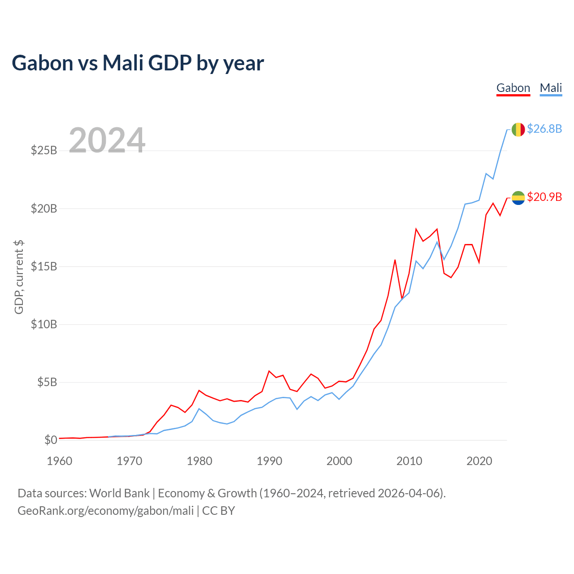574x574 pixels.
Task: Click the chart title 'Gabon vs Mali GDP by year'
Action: coord(138,63)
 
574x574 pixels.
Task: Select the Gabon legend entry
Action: coord(513,88)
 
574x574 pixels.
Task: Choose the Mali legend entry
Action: coord(551,88)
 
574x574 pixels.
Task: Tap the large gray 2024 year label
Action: coord(107,140)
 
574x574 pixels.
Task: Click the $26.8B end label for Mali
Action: coord(544,129)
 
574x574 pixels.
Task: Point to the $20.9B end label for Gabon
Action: coord(544,197)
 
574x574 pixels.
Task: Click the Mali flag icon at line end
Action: coord(518,130)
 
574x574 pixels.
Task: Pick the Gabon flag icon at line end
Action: coord(518,198)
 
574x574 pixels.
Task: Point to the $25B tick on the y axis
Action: coord(44,150)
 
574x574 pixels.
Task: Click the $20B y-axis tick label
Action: coord(44,209)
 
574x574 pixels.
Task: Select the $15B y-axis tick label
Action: coord(44,266)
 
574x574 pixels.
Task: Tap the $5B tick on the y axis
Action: coord(47,382)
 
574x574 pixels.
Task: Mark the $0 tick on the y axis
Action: coord(51,440)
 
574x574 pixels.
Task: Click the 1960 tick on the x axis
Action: coord(60,461)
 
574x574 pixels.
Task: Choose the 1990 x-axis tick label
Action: coord(270,461)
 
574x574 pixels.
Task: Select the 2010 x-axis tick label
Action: coord(409,461)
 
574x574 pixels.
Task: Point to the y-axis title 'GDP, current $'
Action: coord(19,277)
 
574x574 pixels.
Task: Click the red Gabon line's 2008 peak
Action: coord(395,260)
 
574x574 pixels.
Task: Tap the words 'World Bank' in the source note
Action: coord(119,493)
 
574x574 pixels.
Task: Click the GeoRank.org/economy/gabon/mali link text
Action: coord(105,511)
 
